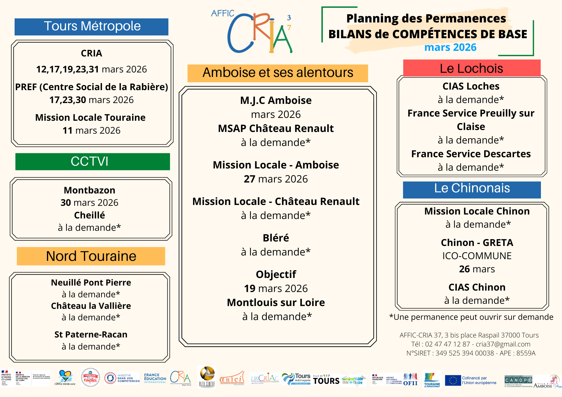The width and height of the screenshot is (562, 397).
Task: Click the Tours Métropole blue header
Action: [92, 27]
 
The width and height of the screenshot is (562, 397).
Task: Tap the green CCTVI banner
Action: [92, 161]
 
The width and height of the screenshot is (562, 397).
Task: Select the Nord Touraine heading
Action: [91, 256]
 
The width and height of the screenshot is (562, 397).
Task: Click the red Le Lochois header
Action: [472, 68]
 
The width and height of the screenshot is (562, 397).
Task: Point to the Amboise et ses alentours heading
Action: [278, 73]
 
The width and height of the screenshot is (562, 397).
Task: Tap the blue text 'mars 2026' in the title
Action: [450, 47]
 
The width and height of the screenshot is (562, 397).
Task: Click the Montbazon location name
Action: [89, 190]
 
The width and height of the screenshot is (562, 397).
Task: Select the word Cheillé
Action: [89, 215]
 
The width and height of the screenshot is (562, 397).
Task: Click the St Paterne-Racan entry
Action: [91, 334]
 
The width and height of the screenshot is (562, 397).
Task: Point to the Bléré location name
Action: [276, 238]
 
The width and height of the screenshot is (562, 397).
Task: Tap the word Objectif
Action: [276, 274]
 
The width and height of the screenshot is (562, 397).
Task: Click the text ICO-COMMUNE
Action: [477, 256]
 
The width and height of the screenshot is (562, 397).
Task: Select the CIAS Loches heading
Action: [471, 86]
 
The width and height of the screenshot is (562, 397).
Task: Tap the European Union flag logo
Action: [453, 380]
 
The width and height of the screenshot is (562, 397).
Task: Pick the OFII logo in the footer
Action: [410, 380]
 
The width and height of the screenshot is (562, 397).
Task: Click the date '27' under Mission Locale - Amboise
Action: [249, 179]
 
